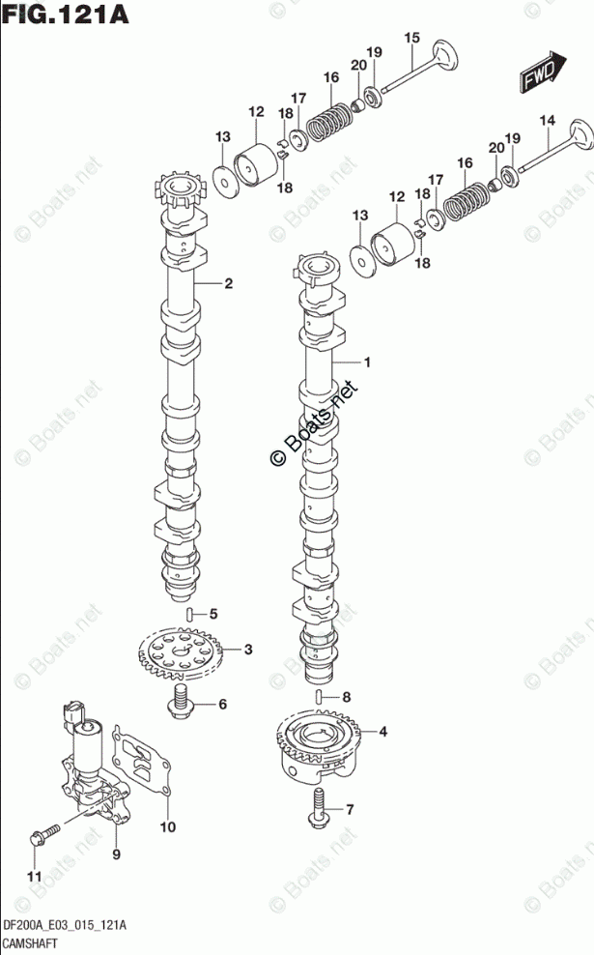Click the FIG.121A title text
[65, 14]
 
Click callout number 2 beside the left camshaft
[228, 283]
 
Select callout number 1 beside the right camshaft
[367, 362]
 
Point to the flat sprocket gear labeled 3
[182, 655]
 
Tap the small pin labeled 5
[189, 614]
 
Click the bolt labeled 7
[320, 808]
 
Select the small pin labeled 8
[320, 697]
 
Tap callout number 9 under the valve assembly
[116, 854]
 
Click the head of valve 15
[445, 57]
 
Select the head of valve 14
[580, 134]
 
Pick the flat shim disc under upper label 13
[224, 182]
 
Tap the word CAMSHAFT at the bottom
[30, 943]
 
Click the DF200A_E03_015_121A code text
[65, 926]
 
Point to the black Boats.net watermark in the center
[314, 424]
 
